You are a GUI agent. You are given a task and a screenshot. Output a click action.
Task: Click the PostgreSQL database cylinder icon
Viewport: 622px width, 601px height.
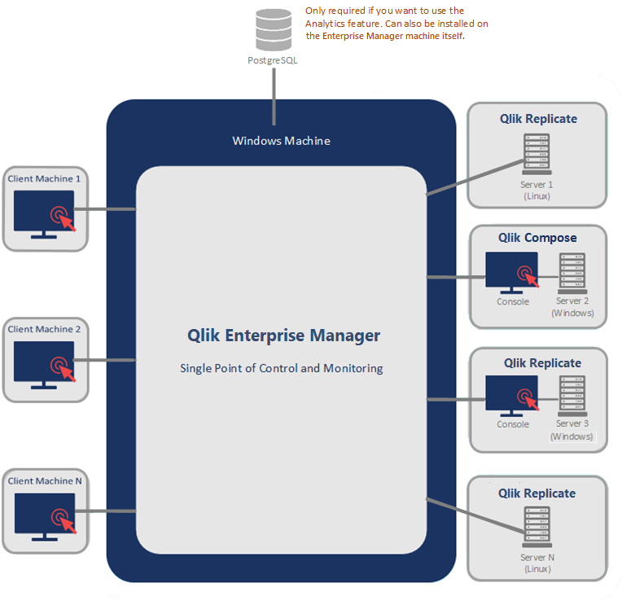click(273, 30)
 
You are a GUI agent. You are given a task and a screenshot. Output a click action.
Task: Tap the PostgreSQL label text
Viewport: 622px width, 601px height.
click(273, 60)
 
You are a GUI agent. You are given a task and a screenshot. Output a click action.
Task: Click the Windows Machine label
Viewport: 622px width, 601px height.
click(281, 141)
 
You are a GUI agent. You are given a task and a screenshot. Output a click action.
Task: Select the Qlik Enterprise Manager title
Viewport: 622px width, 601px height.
click(283, 335)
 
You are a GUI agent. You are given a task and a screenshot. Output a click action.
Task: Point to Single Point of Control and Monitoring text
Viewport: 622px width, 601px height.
click(281, 368)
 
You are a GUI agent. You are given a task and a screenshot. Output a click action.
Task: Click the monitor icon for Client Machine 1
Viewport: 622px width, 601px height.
click(44, 214)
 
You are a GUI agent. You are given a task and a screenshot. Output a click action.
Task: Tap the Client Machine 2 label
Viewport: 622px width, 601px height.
click(44, 329)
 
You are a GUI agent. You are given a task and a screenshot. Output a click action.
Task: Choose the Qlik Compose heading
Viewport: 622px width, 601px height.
click(537, 238)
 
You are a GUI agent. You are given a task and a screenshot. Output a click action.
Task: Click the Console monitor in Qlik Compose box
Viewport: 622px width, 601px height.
click(512, 272)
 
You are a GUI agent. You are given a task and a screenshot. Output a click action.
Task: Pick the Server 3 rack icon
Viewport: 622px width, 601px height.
click(572, 396)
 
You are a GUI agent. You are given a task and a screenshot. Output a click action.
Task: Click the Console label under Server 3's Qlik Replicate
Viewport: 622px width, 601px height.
click(513, 424)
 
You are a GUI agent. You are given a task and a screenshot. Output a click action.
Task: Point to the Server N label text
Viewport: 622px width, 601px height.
click(537, 557)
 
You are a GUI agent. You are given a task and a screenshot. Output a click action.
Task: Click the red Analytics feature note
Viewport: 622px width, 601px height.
click(396, 24)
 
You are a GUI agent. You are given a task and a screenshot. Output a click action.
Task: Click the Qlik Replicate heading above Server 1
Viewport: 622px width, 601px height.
click(538, 119)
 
